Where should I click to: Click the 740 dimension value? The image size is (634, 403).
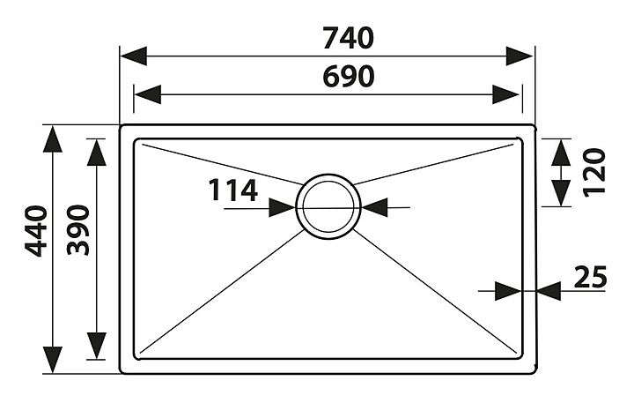(348, 38)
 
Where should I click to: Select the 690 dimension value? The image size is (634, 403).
(348, 77)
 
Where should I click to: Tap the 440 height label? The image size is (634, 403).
(35, 231)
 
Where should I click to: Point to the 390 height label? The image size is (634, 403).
(78, 230)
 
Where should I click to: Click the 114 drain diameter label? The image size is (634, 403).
(232, 190)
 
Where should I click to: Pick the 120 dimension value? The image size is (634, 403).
(595, 172)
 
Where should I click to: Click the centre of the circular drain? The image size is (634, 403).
(328, 205)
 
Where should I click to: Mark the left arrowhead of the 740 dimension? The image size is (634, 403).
(132, 56)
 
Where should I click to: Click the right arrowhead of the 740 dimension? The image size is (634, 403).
(521, 56)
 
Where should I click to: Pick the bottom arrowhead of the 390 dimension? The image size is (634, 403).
(96, 347)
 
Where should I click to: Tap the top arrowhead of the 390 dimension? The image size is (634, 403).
(96, 151)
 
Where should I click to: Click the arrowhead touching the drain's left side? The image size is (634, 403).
(283, 207)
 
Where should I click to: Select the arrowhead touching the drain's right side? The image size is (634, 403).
(374, 207)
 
